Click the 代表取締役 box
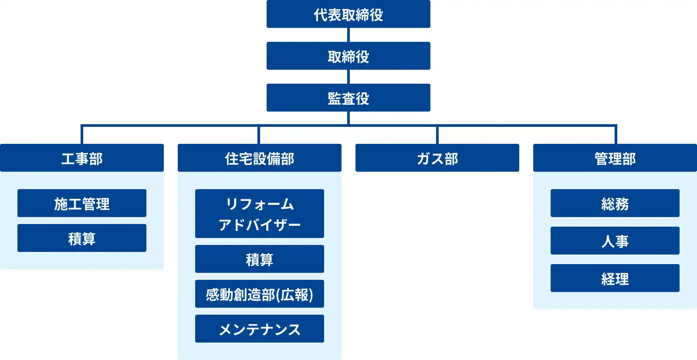348,14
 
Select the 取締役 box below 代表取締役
348,56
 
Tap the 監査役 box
348,98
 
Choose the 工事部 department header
82,158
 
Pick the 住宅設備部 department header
259,158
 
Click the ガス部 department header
437,158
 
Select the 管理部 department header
615,158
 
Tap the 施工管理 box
82,203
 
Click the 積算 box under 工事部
82,238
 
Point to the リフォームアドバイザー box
259,214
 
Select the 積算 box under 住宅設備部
259,259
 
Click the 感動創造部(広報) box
259,294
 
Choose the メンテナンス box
259,329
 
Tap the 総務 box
615,203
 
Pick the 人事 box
615,241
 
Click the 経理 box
615,278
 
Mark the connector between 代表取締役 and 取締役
348,35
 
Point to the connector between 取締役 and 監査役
348,77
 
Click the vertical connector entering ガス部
437,135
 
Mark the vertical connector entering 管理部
616,135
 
